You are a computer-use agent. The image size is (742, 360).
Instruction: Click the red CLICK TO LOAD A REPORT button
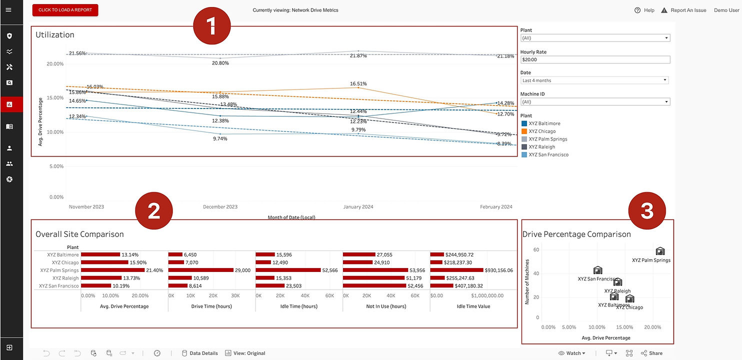click(65, 10)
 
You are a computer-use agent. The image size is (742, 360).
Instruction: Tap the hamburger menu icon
click(8, 10)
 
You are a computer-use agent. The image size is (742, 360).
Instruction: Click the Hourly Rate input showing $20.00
click(594, 59)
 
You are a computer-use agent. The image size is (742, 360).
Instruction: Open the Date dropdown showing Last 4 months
click(594, 80)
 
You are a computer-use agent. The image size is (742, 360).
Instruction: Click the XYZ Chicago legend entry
click(542, 131)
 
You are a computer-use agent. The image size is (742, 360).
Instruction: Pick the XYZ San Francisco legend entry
click(548, 155)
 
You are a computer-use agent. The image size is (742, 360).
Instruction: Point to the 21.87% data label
click(358, 56)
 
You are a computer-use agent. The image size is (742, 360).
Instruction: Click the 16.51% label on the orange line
click(358, 84)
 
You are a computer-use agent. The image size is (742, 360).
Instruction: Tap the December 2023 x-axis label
click(220, 207)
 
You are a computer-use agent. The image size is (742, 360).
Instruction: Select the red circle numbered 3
click(647, 211)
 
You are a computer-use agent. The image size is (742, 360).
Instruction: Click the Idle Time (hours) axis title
click(299, 306)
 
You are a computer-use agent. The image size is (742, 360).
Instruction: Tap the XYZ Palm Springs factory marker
click(660, 251)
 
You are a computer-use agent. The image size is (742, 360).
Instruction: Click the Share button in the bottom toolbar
click(651, 353)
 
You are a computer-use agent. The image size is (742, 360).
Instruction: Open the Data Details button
click(199, 353)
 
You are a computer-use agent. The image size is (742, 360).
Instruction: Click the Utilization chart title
click(55, 35)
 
